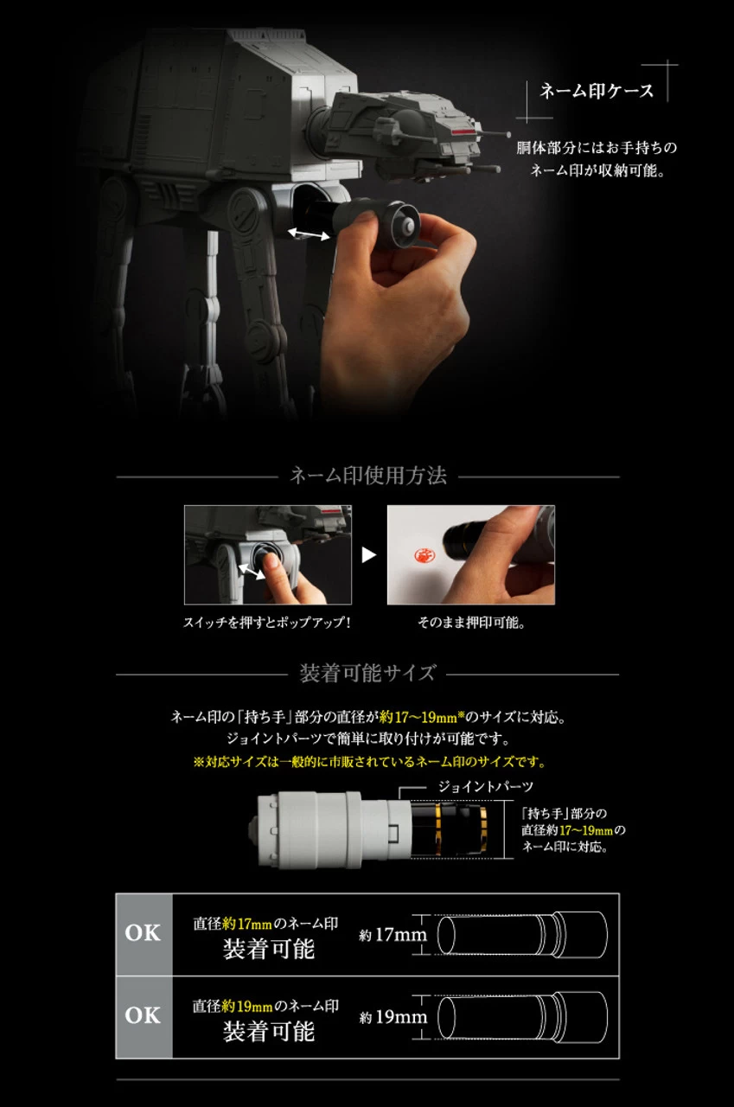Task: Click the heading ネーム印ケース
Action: click(x=597, y=91)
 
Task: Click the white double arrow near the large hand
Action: click(x=310, y=234)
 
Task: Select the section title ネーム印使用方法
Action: click(x=368, y=476)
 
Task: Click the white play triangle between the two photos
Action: click(x=369, y=555)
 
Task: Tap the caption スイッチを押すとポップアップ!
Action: click(x=267, y=622)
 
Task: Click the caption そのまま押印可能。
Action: click(x=471, y=622)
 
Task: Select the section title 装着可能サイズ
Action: click(x=367, y=673)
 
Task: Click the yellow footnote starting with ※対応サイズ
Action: click(x=369, y=762)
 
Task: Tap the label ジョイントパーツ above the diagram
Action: click(x=486, y=787)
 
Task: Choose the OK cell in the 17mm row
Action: click(x=144, y=933)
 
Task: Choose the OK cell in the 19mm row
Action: click(x=144, y=1016)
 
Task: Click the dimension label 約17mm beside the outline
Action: click(x=393, y=935)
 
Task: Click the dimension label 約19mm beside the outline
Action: click(x=393, y=1017)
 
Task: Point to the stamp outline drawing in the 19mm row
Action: click(x=522, y=1016)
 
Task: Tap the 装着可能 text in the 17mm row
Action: click(x=269, y=950)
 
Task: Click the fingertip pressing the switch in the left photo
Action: click(x=271, y=561)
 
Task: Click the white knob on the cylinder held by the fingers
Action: click(x=406, y=227)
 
